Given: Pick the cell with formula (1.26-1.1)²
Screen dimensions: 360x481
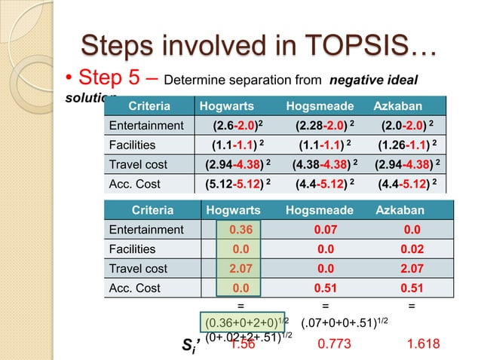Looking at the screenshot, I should (x=410, y=145).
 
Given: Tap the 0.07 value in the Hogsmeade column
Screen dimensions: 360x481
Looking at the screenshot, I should (x=325, y=230).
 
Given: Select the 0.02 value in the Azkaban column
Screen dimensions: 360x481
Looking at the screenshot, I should (x=410, y=249).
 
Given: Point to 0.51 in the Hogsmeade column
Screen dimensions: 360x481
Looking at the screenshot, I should (x=325, y=288).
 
